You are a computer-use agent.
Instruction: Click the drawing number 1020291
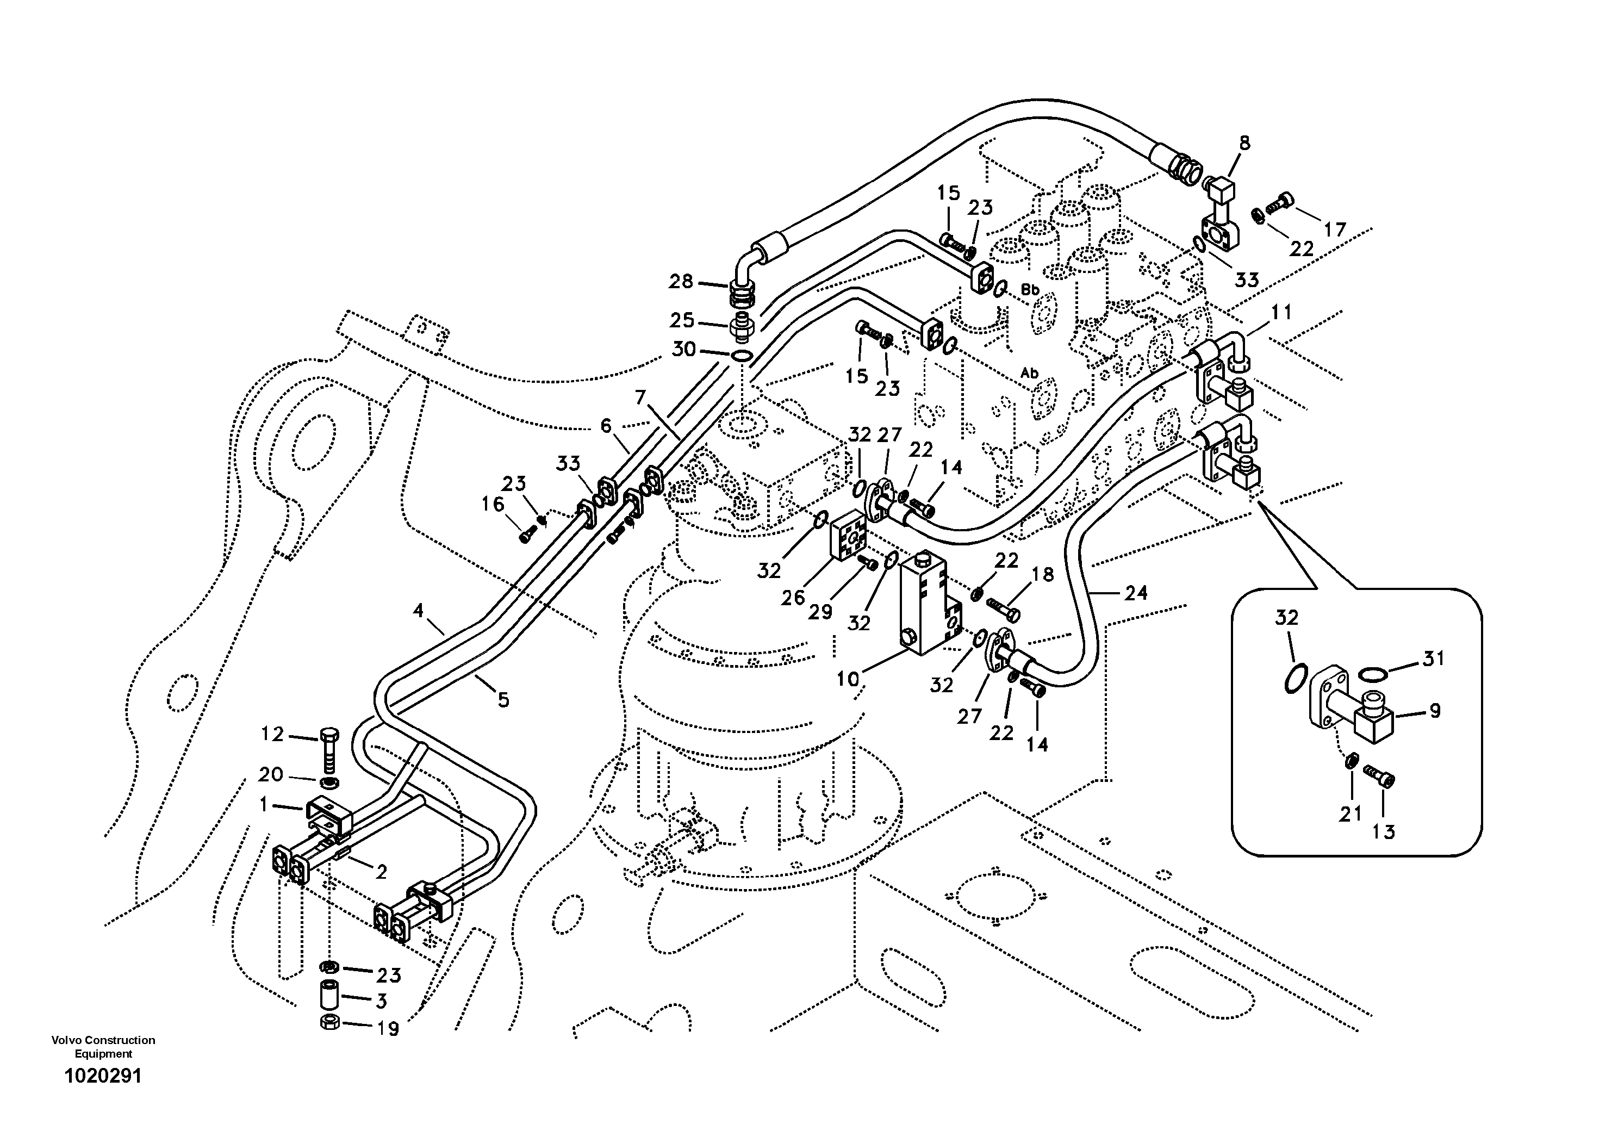coord(103,1076)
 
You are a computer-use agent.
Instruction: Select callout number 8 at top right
coord(1244,143)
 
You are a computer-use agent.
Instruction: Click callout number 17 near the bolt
coord(1334,229)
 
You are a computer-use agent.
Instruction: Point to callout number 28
coord(681,282)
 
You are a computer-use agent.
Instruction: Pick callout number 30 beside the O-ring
coord(683,349)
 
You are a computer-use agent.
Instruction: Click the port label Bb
coord(1030,290)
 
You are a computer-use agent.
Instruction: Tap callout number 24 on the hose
coord(1135,593)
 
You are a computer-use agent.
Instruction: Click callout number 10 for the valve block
coord(848,679)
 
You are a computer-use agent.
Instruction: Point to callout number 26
coord(793,598)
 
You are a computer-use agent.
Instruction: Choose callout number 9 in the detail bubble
coord(1435,711)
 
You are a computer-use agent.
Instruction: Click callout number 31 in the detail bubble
coord(1433,658)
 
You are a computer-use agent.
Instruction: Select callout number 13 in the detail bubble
coord(1383,831)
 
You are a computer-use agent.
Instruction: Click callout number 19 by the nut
coord(388,1028)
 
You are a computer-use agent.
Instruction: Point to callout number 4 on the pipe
coord(419,610)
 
